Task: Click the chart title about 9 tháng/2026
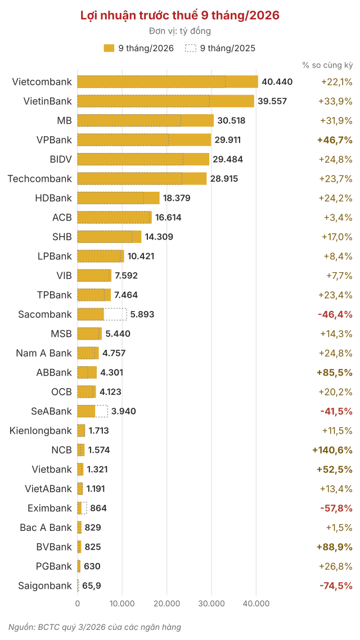click(180, 16)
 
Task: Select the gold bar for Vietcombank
click(168, 82)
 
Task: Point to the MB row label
click(65, 120)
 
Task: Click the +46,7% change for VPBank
click(335, 139)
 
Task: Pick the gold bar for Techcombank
click(142, 178)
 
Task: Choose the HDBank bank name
click(53, 198)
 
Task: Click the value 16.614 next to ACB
click(168, 217)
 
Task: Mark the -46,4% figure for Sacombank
click(335, 314)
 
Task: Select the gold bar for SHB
click(109, 237)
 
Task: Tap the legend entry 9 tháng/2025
click(220, 48)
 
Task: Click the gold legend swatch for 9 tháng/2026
click(109, 48)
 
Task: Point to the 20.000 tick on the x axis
click(166, 603)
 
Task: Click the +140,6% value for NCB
click(332, 450)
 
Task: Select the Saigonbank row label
click(45, 585)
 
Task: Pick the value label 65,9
click(92, 585)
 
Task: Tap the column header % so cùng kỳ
click(328, 65)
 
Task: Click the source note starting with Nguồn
click(94, 627)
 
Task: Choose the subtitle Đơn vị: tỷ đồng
click(180, 31)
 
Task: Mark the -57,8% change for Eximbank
click(335, 508)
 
